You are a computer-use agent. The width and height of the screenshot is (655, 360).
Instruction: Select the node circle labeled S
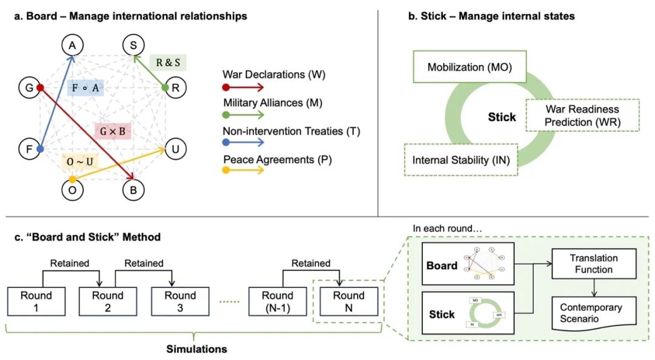click(x=133, y=45)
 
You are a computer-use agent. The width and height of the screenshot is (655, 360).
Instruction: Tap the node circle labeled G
click(x=29, y=87)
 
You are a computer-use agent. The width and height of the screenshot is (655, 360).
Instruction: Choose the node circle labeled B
click(x=133, y=190)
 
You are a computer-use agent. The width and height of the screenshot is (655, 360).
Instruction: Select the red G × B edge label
click(x=112, y=130)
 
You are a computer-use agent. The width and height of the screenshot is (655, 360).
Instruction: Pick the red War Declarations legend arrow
click(x=243, y=88)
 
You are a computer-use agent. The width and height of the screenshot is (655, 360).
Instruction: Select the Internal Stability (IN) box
click(x=461, y=160)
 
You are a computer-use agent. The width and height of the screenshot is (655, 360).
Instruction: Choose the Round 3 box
click(x=180, y=302)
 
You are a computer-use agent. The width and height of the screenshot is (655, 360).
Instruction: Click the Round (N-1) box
click(x=278, y=302)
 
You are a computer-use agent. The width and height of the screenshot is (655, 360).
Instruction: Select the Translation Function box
click(x=594, y=264)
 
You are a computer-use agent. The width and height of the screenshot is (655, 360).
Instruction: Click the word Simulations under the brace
click(x=196, y=349)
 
